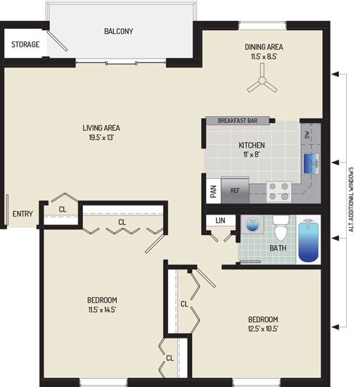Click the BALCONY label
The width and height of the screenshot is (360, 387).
click(119, 31)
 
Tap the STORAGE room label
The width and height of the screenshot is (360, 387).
click(25, 44)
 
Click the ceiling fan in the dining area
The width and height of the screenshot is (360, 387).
click(262, 80)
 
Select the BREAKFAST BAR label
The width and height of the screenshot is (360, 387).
click(238, 121)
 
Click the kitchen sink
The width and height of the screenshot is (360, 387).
click(311, 163)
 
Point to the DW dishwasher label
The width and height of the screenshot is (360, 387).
click(307, 134)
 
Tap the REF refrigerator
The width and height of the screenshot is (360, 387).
click(235, 190)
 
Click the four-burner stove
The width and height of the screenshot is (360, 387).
click(278, 191)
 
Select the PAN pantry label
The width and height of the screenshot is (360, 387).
click(214, 191)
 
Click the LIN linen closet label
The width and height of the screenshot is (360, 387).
click(220, 220)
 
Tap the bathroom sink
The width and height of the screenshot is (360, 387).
click(252, 225)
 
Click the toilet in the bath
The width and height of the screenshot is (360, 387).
click(281, 228)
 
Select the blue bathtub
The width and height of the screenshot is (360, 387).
click(309, 241)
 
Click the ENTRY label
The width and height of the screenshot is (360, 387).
click(22, 214)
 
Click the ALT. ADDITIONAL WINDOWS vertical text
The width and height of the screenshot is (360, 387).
click(352, 199)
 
